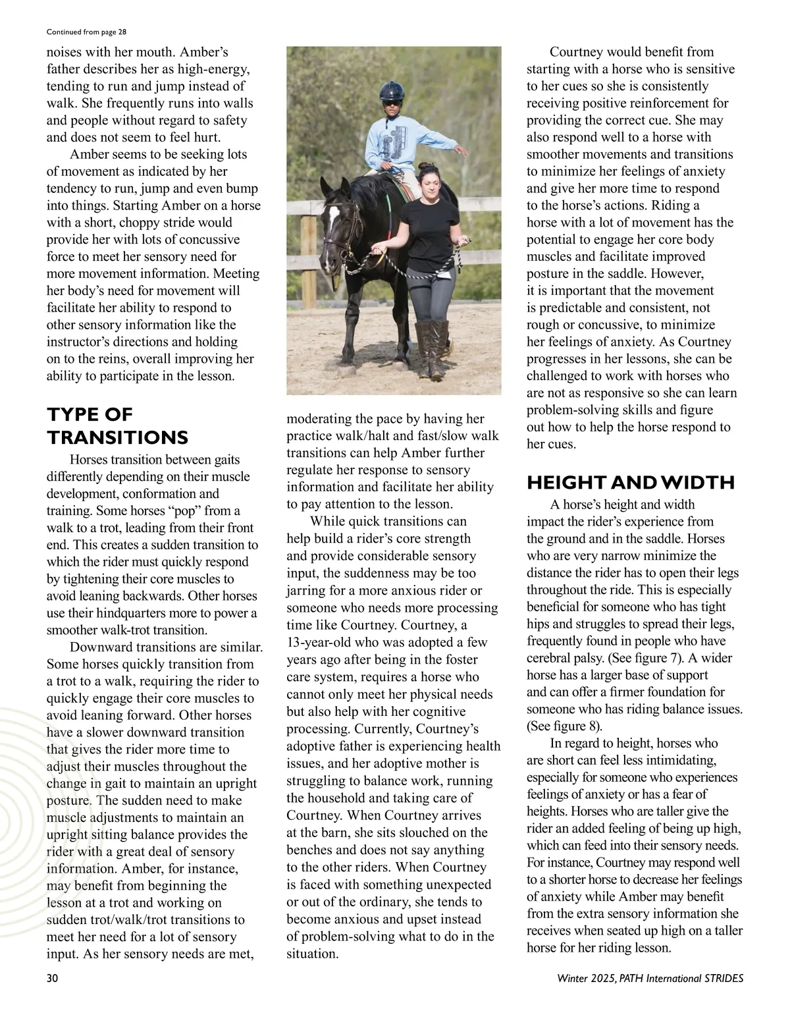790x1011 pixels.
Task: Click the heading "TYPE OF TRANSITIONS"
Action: tap(117, 425)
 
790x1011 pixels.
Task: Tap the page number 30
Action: tap(52, 978)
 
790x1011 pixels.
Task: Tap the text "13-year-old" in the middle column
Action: tap(319, 642)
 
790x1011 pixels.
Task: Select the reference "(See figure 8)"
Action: tap(564, 726)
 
